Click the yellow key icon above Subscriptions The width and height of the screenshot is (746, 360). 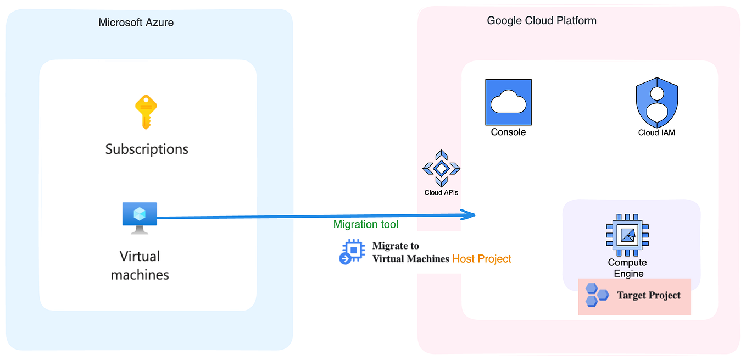coord(146,112)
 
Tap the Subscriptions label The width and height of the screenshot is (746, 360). coord(147,149)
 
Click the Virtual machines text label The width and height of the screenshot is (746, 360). coord(140,265)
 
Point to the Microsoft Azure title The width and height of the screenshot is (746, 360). coord(136,23)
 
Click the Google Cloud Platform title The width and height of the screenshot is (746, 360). coord(541,21)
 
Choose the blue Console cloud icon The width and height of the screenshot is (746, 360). coord(508,102)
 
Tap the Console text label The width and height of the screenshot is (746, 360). coord(508,132)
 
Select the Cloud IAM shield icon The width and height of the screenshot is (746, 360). coord(656,102)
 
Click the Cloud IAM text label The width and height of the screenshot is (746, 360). coord(656,132)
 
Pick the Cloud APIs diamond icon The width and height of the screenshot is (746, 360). coord(441,168)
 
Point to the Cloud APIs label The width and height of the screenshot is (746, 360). coord(441,192)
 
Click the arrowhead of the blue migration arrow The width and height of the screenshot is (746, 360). coord(469,215)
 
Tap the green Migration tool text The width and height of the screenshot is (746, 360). coord(366,224)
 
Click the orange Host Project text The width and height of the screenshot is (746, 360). coord(481,259)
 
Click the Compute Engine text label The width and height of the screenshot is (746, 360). coord(627,268)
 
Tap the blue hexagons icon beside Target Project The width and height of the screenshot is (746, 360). coord(596,295)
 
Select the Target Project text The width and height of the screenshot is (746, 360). coord(648,295)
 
